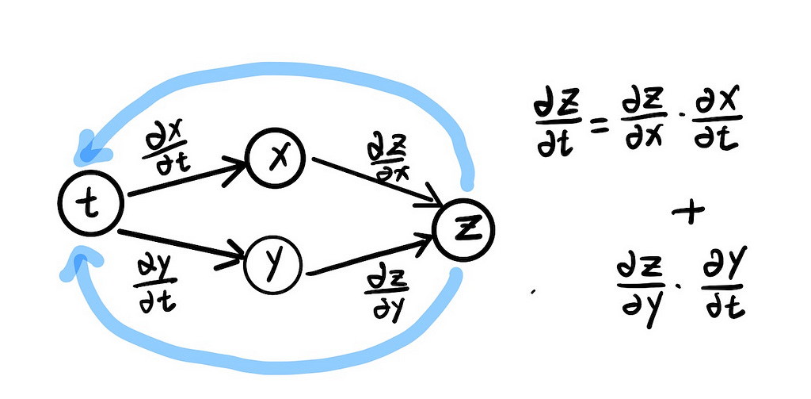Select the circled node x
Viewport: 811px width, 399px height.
click(x=275, y=159)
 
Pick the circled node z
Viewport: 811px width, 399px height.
click(x=464, y=228)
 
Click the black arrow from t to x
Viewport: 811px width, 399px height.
click(x=186, y=178)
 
